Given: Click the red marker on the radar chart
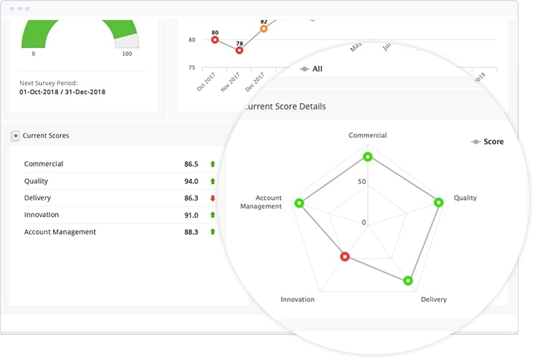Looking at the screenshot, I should coord(345,256).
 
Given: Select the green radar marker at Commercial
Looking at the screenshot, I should coord(367,157).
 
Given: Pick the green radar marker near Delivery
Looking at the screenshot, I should coord(408,281).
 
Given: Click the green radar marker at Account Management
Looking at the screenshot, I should coord(299,203).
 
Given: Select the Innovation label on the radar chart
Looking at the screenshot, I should coord(297,299).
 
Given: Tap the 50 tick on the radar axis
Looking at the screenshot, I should coord(362,181).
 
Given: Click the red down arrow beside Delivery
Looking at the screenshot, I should coord(213,198).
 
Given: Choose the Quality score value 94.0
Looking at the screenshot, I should coord(191,181).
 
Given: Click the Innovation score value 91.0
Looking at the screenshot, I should coord(191,215).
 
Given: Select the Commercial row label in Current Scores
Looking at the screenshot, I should coord(44,164).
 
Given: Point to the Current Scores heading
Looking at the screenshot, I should coord(46,135).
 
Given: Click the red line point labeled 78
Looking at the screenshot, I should coord(239,50).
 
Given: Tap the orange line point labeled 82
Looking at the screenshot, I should coord(264,29).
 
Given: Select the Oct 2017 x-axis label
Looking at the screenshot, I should coord(206,81).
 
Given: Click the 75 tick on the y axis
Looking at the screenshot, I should coord(191,68).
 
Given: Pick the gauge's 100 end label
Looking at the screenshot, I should coord(127,54).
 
